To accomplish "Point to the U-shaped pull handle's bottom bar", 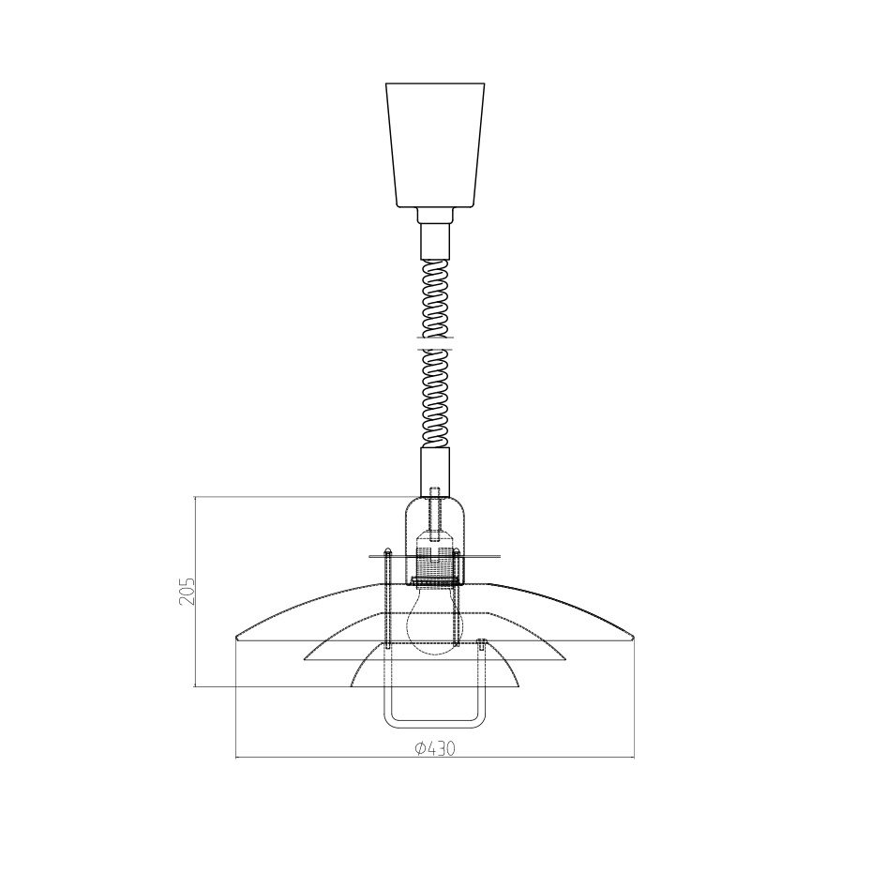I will coord(434,724).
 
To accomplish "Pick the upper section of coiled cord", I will coord(435,298).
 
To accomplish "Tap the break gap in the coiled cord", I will coord(435,343).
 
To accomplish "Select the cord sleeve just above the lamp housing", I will coord(434,470).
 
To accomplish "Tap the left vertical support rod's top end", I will coord(387,550).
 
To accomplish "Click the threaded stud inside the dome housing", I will coord(434,511).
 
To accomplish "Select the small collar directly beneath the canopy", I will coord(434,215).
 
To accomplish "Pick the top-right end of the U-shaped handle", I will coord(481,643).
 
